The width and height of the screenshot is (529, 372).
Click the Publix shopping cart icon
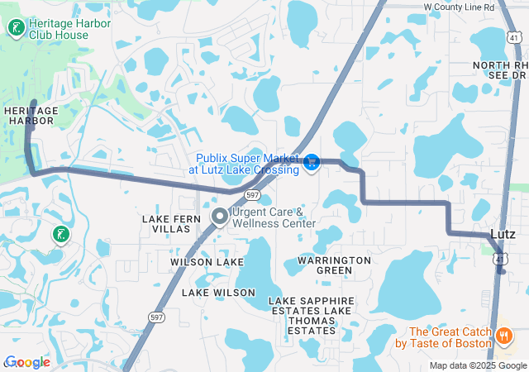[312, 162]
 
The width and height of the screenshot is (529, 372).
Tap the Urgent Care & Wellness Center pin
[220, 217]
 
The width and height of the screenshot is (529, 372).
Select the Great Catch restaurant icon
[503, 336]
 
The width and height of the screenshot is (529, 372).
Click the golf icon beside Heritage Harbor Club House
[15, 29]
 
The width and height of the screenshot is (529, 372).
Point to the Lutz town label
[503, 234]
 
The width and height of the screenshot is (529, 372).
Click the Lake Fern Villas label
[171, 224]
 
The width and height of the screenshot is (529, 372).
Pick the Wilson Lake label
[207, 262]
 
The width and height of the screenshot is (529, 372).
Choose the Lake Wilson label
[218, 293]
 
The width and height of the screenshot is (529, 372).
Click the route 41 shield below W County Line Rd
[514, 37]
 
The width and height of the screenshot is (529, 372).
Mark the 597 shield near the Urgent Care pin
[253, 195]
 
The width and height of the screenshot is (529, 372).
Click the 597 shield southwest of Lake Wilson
[156, 316]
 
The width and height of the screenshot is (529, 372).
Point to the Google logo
[27, 362]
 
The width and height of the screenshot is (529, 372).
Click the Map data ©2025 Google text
[478, 365]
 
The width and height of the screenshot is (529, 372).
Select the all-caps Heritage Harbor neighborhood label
[29, 116]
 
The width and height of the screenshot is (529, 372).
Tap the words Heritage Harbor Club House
[69, 30]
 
